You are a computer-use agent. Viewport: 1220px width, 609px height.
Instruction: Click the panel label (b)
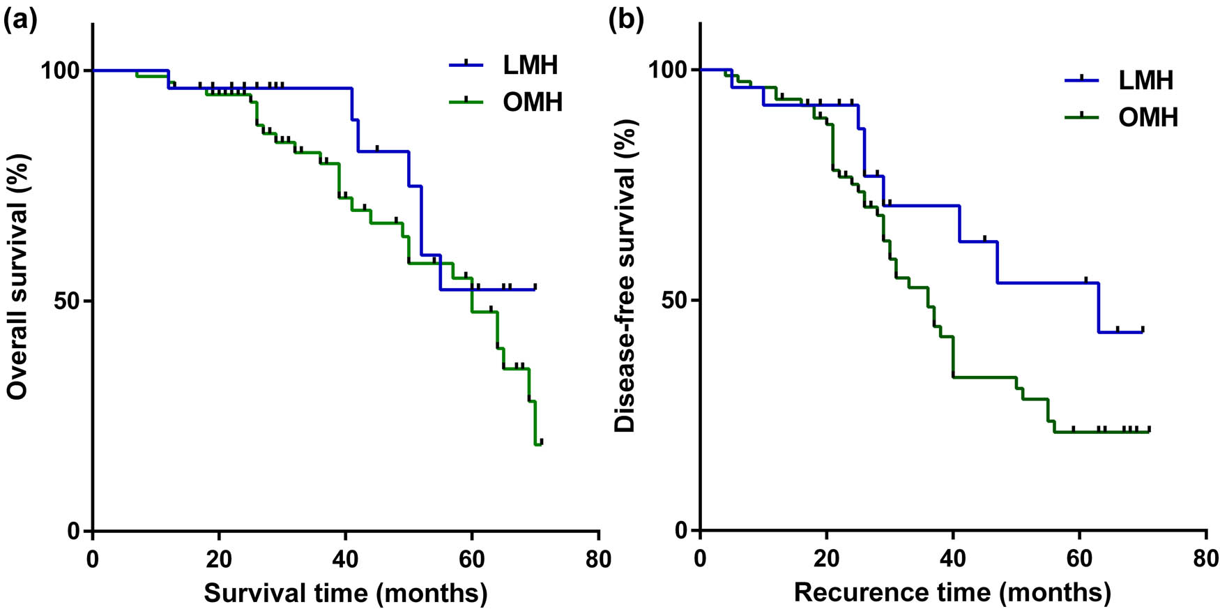[x=625, y=20]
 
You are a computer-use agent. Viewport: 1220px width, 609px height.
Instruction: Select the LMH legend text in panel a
[x=531, y=66]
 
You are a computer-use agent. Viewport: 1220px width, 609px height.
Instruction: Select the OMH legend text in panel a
[x=532, y=103]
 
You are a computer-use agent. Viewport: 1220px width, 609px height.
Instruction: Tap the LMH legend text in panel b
[x=1145, y=81]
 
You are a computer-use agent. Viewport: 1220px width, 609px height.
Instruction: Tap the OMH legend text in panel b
[x=1147, y=117]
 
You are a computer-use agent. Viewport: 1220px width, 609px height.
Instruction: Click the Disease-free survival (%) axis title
[x=625, y=276]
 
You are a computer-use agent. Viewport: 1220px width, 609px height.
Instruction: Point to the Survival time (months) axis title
[x=345, y=593]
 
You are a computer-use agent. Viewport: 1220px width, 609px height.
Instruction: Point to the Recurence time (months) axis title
[x=952, y=593]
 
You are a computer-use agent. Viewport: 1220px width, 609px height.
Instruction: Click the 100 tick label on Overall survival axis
[x=61, y=70]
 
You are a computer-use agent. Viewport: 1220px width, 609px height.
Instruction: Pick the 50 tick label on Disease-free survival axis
[x=673, y=301]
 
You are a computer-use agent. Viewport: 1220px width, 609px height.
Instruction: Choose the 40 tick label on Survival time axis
[x=345, y=559]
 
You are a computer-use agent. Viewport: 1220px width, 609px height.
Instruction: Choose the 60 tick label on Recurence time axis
[x=1079, y=559]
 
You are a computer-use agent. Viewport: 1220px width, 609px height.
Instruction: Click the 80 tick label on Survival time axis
[x=598, y=559]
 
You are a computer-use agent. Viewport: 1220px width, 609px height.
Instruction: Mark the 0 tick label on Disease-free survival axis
[x=681, y=531]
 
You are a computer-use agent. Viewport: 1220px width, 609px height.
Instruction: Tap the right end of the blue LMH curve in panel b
[x=1142, y=331]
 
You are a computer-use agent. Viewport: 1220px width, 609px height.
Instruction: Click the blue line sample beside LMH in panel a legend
[x=466, y=66]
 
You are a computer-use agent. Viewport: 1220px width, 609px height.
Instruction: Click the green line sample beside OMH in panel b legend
[x=1081, y=117]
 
